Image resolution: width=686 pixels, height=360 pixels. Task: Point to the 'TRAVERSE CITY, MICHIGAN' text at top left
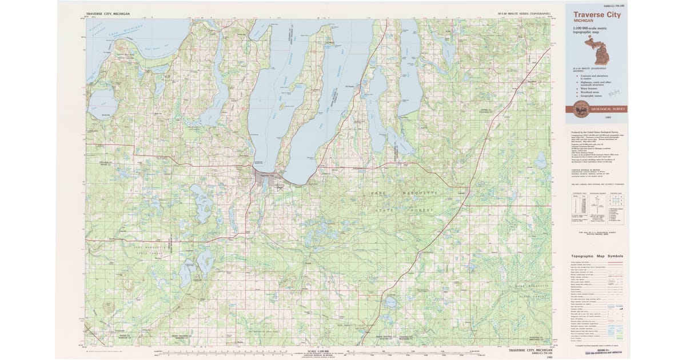point(108,13)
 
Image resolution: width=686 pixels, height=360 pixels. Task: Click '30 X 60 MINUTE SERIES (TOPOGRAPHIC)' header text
point(524,13)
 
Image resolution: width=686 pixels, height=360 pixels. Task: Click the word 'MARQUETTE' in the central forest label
point(417,194)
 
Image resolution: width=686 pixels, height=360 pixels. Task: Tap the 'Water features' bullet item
point(591,87)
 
